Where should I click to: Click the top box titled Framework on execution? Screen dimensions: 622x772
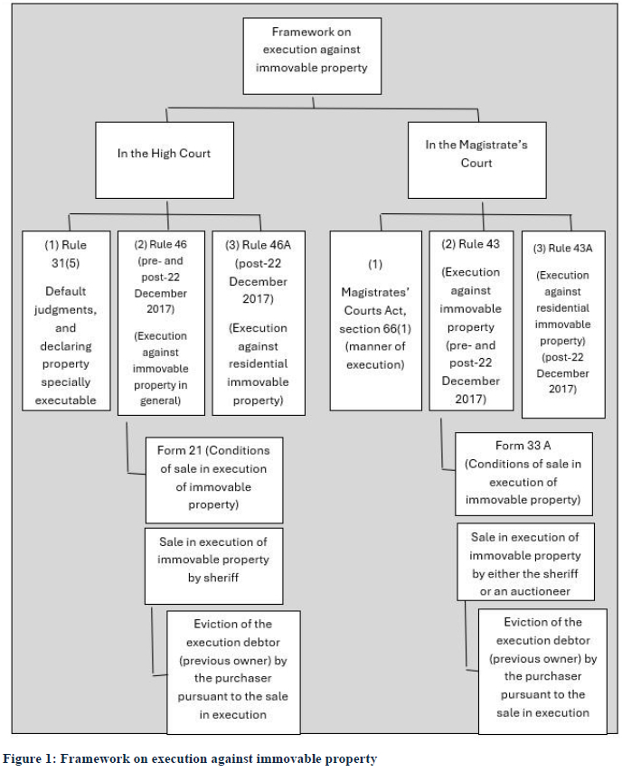coord(312,56)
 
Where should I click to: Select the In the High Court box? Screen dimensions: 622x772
coord(165,161)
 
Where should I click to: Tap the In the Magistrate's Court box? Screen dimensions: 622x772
coord(476,161)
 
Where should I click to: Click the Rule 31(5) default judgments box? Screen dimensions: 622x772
coord(66,321)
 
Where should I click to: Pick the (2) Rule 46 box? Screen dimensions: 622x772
coord(161,323)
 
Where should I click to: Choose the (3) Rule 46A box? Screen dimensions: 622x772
coord(259,323)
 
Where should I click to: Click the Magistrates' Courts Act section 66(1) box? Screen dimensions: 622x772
coord(376,321)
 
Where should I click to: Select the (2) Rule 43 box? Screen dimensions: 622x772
coord(471,321)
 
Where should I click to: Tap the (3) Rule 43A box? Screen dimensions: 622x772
coord(563,325)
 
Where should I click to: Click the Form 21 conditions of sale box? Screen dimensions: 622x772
coord(214,480)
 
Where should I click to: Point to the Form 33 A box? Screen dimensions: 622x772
coord(524,474)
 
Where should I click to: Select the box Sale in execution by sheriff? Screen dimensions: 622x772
coord(213,566)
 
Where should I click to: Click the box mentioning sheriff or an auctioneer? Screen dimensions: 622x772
coord(525,561)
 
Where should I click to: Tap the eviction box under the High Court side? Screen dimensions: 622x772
coord(233,673)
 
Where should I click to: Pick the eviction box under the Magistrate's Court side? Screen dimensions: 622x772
coord(542,672)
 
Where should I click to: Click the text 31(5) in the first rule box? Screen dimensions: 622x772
coord(65,263)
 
